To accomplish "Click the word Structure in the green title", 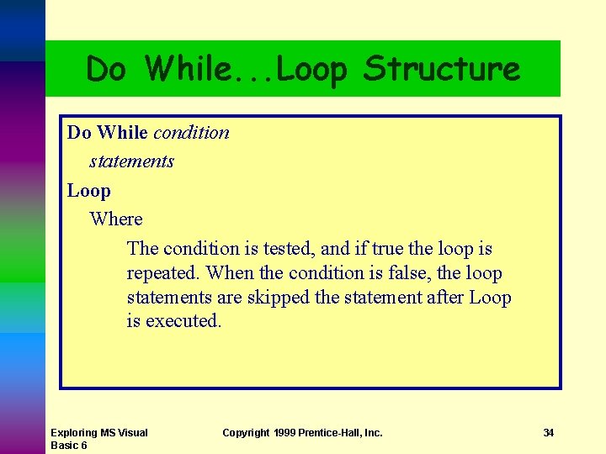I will (x=442, y=69).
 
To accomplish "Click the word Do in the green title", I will (x=106, y=69).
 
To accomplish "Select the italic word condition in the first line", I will (x=191, y=132).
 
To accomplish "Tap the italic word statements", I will (x=131, y=161).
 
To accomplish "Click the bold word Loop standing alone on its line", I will (x=89, y=190).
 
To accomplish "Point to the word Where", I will (x=116, y=219).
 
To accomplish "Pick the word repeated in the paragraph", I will (x=163, y=273).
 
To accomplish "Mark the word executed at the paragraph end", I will (x=183, y=321).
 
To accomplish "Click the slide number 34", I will (x=549, y=433).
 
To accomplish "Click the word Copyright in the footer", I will (x=246, y=433).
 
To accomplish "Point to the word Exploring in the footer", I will (x=73, y=433).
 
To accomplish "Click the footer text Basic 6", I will (x=70, y=446).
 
